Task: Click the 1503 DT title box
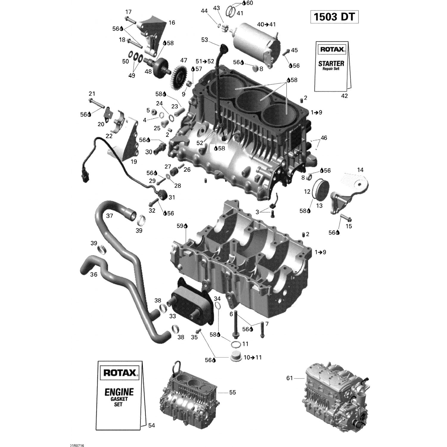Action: click(x=334, y=17)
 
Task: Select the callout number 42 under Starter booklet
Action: click(x=344, y=96)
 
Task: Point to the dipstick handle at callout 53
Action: click(x=223, y=48)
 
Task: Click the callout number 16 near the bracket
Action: click(x=172, y=23)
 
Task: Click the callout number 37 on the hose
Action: click(x=109, y=215)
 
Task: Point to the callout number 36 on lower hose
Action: click(x=94, y=274)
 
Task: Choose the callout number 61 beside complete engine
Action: click(x=289, y=378)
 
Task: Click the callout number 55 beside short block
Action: click(x=232, y=392)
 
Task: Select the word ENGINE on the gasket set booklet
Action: click(x=119, y=392)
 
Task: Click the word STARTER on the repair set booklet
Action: click(x=331, y=63)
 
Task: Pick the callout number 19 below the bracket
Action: click(x=134, y=162)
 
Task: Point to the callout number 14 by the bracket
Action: click(x=360, y=170)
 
